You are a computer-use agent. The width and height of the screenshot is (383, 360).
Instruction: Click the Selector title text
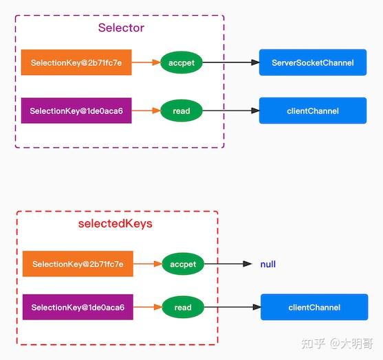[x=121, y=28]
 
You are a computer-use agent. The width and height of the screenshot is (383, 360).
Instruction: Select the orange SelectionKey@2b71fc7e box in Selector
[x=76, y=63]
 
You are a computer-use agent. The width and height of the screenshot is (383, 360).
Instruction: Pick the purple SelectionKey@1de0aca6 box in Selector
[x=76, y=111]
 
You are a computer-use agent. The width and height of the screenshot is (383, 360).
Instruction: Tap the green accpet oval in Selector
[x=182, y=63]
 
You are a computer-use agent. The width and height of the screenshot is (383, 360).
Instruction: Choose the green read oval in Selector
[x=182, y=111]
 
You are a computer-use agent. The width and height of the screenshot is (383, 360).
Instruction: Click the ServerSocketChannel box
[x=312, y=63]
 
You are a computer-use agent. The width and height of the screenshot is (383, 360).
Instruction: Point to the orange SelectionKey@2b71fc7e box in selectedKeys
[x=77, y=264]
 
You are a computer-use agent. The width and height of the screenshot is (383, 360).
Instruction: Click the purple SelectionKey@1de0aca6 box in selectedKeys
[x=77, y=307]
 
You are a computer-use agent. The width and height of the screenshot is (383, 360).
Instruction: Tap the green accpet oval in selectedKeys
[x=183, y=264]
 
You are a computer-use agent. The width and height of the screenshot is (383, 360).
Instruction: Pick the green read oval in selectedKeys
[x=183, y=307]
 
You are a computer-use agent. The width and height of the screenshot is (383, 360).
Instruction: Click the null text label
[x=267, y=264]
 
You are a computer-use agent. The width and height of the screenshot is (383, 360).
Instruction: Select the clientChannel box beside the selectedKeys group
[x=314, y=307]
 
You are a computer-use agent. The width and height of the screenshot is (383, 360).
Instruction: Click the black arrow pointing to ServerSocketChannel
[x=230, y=63]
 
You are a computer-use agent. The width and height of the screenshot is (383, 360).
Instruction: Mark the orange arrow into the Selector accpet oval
[x=146, y=63]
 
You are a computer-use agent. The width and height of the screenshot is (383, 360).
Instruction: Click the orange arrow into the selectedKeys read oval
[x=147, y=307]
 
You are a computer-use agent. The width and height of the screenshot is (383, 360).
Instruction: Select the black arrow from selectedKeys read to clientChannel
[x=232, y=307]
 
